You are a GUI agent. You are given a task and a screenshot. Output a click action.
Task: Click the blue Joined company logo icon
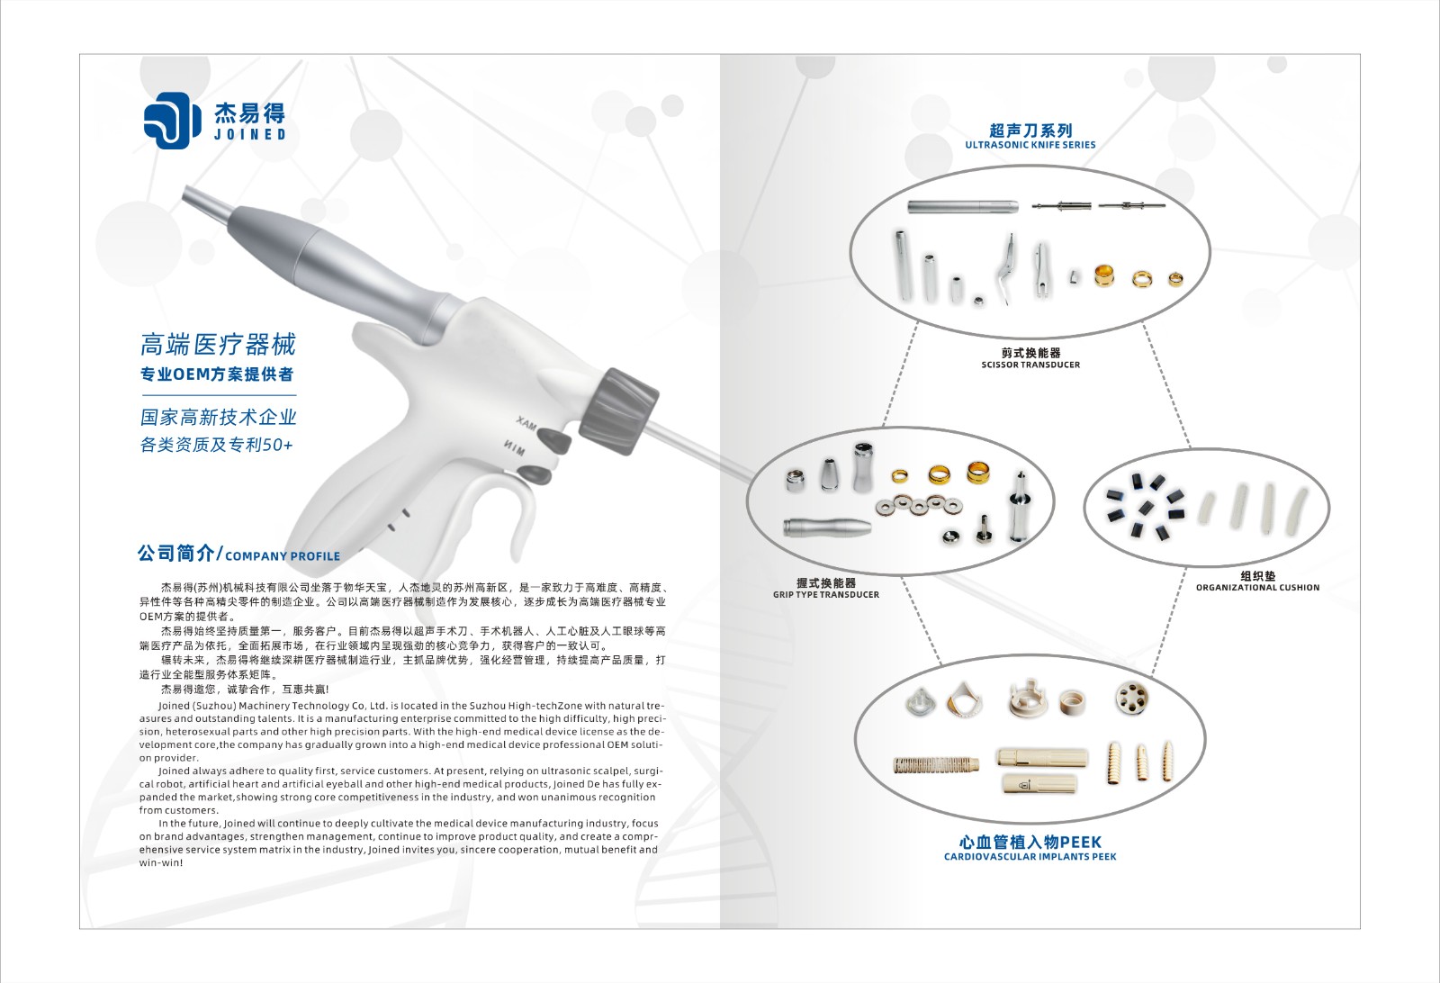[x=172, y=121]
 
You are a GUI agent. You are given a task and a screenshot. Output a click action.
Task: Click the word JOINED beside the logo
[x=250, y=134]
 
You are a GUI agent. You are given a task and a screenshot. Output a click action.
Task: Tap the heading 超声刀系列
[x=1030, y=131]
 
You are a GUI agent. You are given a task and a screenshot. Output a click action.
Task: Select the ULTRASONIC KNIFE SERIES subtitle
[x=1030, y=145]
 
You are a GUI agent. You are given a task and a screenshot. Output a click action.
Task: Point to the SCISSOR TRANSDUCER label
[x=1030, y=365]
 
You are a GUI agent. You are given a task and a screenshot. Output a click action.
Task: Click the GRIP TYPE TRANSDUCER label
[x=826, y=595]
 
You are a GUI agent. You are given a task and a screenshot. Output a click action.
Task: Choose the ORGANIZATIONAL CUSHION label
[x=1257, y=588]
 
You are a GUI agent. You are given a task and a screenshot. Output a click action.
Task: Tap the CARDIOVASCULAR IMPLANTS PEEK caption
[x=1030, y=856]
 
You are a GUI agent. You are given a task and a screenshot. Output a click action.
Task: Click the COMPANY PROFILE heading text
[x=283, y=556]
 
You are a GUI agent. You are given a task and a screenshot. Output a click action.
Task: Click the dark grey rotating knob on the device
[x=619, y=411]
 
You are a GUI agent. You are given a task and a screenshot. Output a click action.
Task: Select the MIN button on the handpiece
[x=535, y=474]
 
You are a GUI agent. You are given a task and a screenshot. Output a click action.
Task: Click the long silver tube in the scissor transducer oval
[x=962, y=207]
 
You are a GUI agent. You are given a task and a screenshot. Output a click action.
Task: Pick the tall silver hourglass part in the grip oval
[x=863, y=467]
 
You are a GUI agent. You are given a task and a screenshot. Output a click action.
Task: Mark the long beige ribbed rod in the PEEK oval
[x=936, y=764]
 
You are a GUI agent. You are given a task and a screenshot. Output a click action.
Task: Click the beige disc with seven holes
[x=1132, y=699]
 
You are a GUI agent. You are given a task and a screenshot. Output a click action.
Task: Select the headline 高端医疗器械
[x=219, y=346]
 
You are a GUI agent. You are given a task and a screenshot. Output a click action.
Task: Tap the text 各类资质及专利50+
[x=217, y=445]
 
